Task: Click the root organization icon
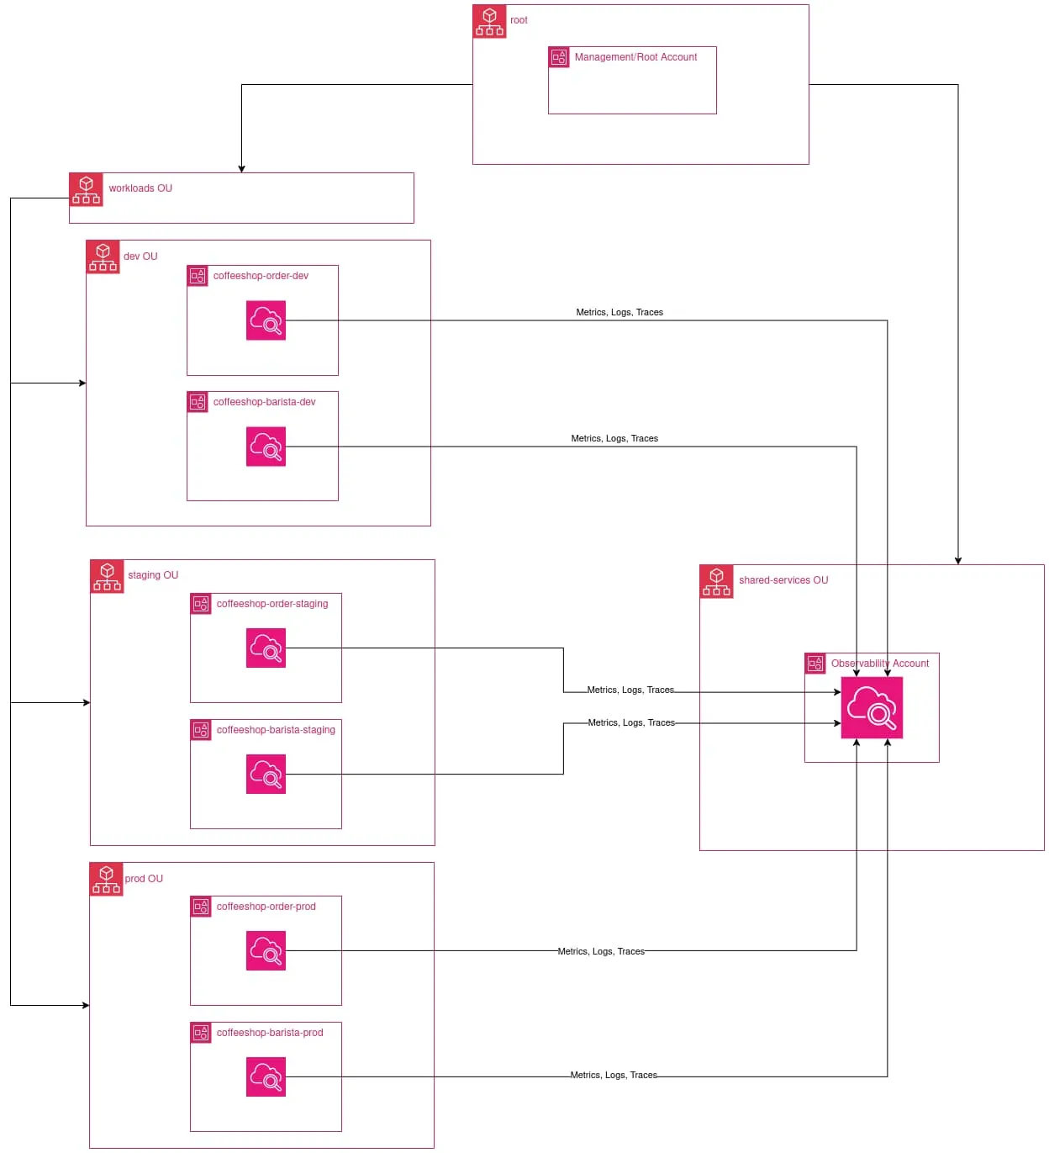(x=489, y=22)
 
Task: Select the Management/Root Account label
(x=635, y=57)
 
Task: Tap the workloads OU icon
(x=86, y=190)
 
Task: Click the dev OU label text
(x=140, y=257)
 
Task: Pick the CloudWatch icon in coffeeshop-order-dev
(x=266, y=320)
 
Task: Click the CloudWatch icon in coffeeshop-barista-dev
(x=266, y=447)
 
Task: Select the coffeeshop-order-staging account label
(x=272, y=604)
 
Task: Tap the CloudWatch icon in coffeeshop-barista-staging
(x=266, y=775)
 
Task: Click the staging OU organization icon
(x=107, y=577)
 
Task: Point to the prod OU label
(x=144, y=879)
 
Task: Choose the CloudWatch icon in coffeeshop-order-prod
(x=266, y=951)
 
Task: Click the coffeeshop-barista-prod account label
(x=270, y=1033)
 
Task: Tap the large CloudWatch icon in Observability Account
(x=872, y=708)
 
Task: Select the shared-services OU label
(x=783, y=580)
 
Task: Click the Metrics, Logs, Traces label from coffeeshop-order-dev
(x=619, y=312)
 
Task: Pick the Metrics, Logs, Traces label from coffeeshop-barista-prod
(x=614, y=1076)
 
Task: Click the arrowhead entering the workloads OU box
(x=242, y=169)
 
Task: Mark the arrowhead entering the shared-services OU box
(x=958, y=561)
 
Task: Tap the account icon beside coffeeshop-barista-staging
(x=201, y=730)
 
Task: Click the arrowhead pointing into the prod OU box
(x=86, y=1006)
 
